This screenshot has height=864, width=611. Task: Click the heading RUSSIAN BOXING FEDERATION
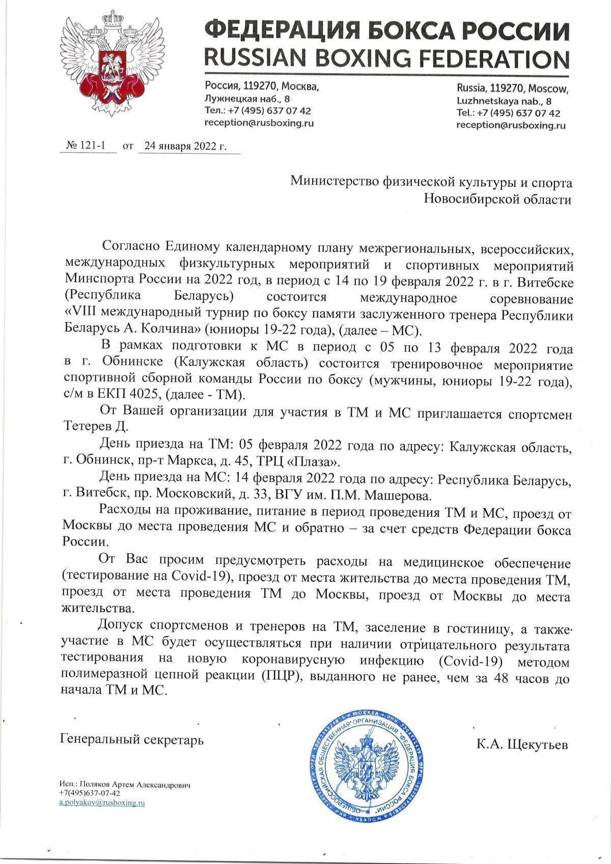pos(386,59)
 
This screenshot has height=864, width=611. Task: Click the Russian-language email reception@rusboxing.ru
pos(259,123)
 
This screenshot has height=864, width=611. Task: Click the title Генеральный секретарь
pos(132,739)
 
